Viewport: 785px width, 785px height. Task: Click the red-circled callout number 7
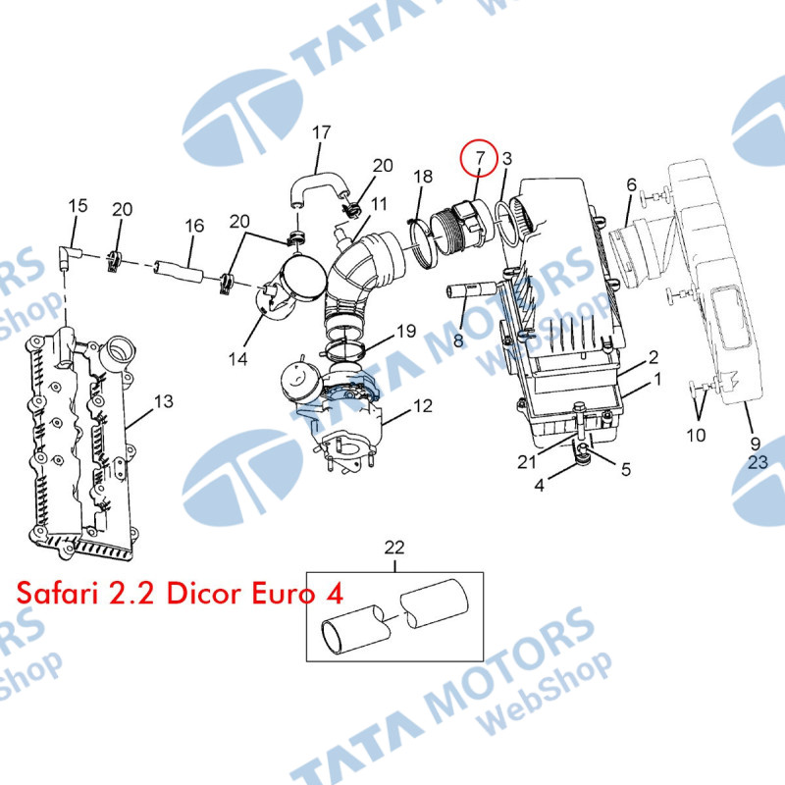480,158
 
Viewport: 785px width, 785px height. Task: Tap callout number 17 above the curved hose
322,132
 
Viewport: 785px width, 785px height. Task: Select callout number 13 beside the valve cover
164,401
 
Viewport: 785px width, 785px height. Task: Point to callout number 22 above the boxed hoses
394,548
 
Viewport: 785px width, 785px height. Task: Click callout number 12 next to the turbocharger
423,405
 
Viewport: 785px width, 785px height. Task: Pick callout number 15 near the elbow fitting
78,205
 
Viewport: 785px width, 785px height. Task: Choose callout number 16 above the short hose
194,226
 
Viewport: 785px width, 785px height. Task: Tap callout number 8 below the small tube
458,340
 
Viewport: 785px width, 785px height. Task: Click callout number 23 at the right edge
758,461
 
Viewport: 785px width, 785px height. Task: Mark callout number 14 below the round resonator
237,358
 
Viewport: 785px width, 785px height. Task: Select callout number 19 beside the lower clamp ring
406,331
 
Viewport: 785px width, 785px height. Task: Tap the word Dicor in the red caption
204,593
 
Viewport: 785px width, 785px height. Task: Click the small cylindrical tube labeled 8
471,290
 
